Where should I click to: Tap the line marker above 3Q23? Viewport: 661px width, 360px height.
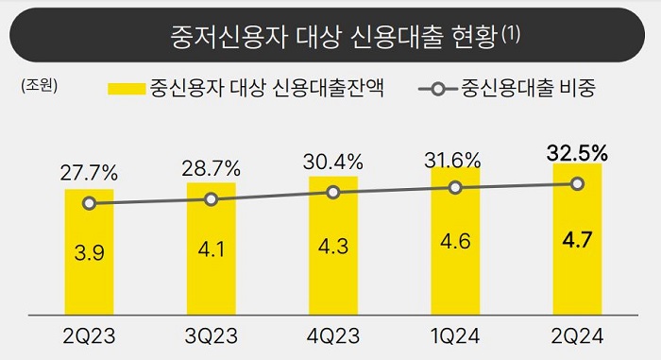[211, 199]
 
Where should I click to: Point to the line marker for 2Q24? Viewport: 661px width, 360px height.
[577, 183]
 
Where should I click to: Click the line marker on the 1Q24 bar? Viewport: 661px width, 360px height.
[455, 187]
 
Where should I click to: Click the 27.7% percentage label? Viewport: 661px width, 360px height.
[89, 173]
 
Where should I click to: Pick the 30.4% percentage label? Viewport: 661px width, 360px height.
[333, 162]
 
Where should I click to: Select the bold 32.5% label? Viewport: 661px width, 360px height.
[577, 151]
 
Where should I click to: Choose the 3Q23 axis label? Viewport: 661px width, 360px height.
[211, 335]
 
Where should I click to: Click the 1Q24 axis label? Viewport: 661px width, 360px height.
[455, 335]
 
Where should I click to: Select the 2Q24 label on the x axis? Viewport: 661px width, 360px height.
[577, 335]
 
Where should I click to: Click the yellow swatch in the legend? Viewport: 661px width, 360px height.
[123, 90]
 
